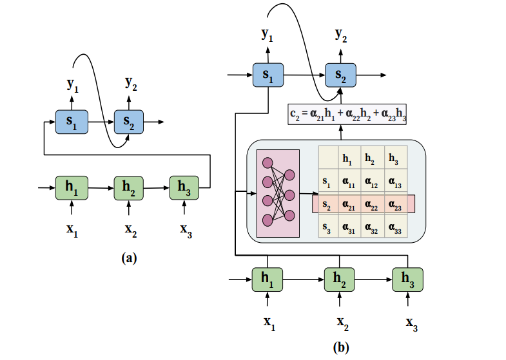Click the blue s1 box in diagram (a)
coord(71,122)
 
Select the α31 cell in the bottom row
coord(347,227)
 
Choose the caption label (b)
coord(341,347)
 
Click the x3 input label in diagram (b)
coord(411,321)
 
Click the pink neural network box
coord(278,192)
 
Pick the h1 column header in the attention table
coord(347,158)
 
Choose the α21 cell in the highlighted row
coord(347,204)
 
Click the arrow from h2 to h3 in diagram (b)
coord(372,278)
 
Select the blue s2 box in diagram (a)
coord(129,122)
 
